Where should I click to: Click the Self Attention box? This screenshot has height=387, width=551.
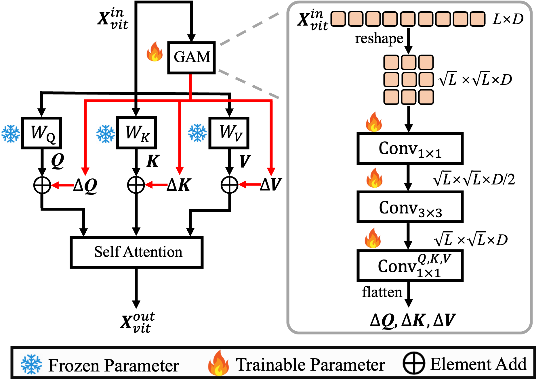[136, 252]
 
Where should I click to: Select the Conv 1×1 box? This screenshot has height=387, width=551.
[410, 149]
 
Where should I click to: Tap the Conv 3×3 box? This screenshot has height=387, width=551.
[410, 207]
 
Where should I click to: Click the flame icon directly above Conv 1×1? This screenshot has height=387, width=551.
[374, 122]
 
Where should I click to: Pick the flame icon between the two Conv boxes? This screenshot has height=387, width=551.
[374, 178]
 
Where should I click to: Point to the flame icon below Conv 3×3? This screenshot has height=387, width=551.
[373, 238]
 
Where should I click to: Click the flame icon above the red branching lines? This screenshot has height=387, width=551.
[155, 52]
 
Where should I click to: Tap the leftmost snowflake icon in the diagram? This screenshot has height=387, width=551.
[11, 134]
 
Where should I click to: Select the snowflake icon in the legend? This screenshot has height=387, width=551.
[31, 364]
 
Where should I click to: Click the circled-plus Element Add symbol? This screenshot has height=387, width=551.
[413, 363]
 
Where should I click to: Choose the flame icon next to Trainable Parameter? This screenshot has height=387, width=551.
[218, 363]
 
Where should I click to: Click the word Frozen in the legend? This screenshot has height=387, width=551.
[73, 365]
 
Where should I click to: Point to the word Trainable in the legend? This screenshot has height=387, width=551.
[270, 365]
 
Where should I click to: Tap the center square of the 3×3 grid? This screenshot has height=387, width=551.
[409, 80]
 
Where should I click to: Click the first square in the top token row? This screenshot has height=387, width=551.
[338, 19]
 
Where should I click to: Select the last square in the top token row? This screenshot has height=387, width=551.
[477, 19]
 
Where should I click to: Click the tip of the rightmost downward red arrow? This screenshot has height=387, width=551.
[271, 174]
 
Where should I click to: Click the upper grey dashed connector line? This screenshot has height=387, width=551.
[249, 29]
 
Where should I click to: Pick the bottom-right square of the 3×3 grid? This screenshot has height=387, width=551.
[426, 97]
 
